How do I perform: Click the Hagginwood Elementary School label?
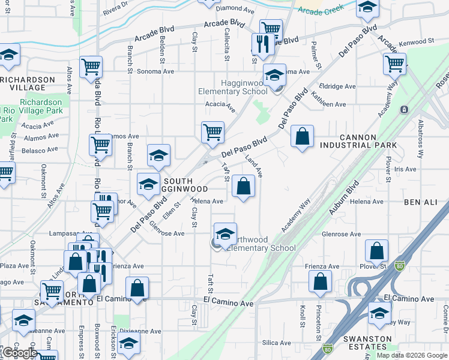tap(234, 86)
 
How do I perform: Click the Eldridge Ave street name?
tap(337, 86)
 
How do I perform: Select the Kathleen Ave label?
tap(328, 104)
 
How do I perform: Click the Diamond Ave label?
tap(235, 9)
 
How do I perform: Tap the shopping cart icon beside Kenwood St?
tap(394, 64)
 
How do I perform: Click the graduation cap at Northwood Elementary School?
tap(225, 234)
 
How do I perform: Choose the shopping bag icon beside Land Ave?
tap(243, 185)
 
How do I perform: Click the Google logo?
tap(20, 353)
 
